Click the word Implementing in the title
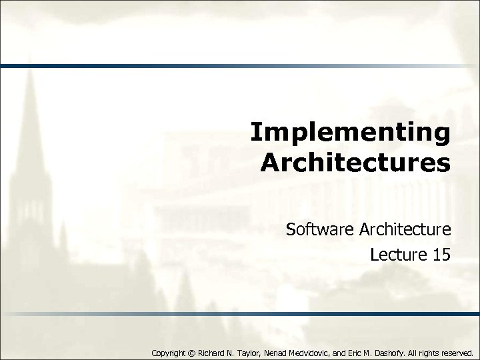pos(351,133)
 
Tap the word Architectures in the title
pos(355,162)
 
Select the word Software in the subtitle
pos(319,230)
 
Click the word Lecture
pos(395,254)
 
